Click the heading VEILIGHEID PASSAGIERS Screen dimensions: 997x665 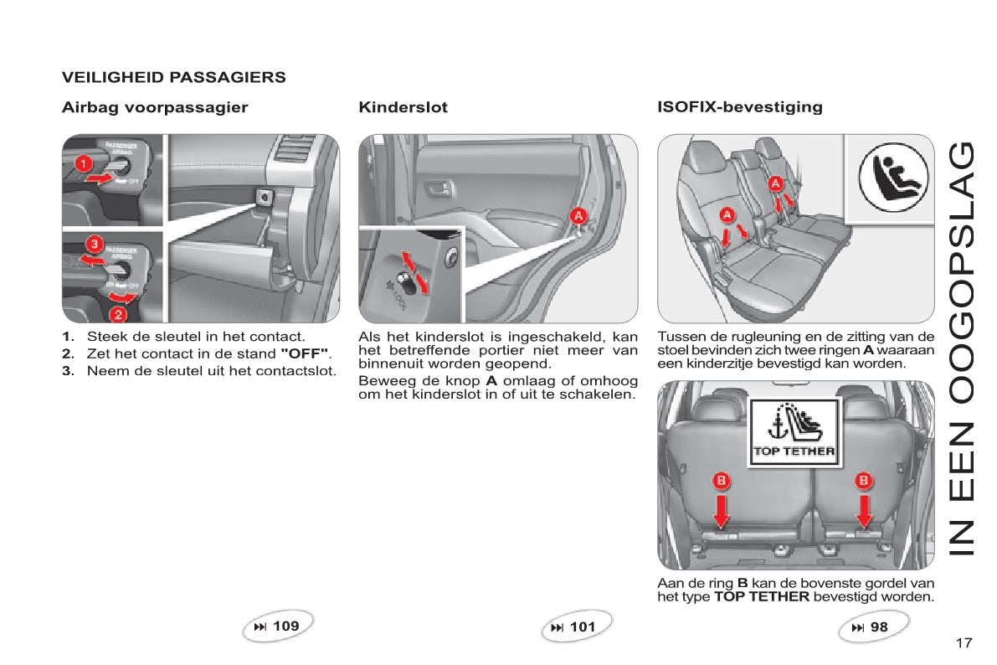(x=173, y=78)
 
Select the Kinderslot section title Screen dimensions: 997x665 (x=403, y=107)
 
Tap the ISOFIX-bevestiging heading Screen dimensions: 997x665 (x=740, y=107)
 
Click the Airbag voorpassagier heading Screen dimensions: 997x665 (x=155, y=107)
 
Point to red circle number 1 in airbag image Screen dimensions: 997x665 (x=84, y=163)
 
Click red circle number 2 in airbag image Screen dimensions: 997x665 (x=118, y=314)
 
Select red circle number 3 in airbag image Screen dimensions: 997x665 (x=95, y=243)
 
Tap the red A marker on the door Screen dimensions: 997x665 (x=578, y=216)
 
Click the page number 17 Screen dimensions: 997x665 (x=964, y=642)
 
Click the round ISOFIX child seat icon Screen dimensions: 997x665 (x=892, y=176)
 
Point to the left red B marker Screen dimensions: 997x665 (x=721, y=480)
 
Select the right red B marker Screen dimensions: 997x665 (x=863, y=480)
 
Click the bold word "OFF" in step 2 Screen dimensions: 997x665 (x=305, y=353)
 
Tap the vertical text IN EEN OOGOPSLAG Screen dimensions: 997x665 (x=961, y=348)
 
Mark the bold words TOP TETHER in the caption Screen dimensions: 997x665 (x=762, y=597)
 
